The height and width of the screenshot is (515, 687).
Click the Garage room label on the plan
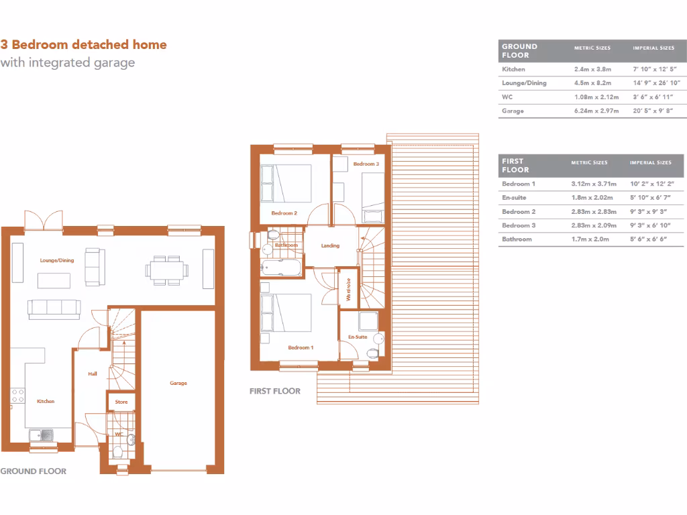(178, 383)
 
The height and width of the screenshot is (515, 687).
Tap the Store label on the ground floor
(121, 402)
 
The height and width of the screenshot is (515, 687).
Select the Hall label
(93, 374)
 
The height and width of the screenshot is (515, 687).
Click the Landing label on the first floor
(330, 245)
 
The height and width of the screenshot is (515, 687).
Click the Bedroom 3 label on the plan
(366, 164)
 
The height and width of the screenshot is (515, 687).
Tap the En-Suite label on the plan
(357, 337)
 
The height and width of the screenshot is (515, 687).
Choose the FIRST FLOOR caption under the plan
(274, 391)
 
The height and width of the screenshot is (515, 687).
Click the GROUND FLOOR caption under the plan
(34, 471)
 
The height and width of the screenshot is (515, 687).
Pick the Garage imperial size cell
(652, 111)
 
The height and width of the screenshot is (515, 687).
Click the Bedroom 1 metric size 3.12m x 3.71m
(593, 184)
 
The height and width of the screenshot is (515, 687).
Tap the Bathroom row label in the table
(517, 239)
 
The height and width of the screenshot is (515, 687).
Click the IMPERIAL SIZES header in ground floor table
(653, 48)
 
